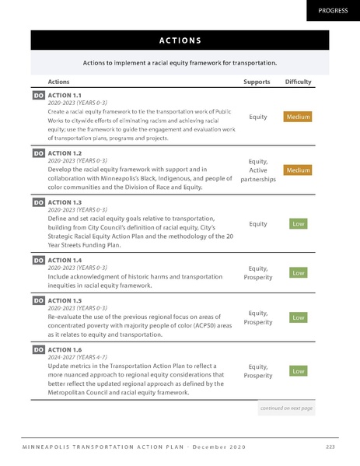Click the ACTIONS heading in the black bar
180,40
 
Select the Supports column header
257,81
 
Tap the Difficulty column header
298,81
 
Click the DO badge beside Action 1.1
38,95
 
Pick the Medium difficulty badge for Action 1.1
298,117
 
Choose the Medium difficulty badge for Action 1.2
298,170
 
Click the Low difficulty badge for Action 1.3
298,224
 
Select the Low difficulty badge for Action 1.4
298,273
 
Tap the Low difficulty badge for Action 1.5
298,317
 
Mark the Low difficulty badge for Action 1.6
298,372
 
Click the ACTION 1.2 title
65,153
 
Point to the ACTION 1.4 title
65,260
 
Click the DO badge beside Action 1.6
38,351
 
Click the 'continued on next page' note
286,408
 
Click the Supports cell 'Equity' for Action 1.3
258,224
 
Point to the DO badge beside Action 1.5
38,300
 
